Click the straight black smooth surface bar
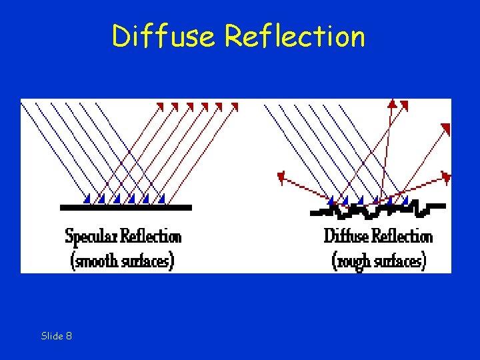tap(126, 208)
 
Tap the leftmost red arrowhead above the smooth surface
tap(159, 106)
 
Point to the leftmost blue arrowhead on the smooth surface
tap(87, 198)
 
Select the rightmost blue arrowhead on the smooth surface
tap(163, 198)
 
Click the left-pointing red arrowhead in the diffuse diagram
tap(281, 177)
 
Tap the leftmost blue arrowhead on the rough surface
tap(332, 199)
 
